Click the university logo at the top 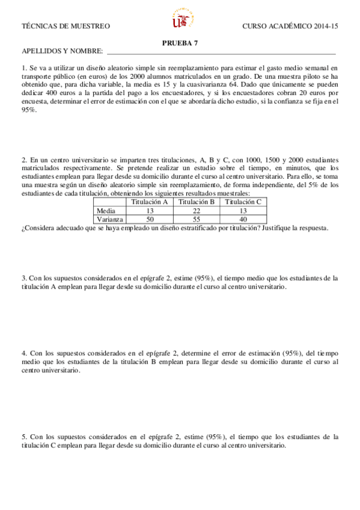coord(180,19)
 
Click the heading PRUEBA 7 coord(180,43)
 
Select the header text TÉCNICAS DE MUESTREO coord(66,26)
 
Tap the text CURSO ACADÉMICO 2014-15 coord(290,26)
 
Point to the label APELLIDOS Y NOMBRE coord(62,52)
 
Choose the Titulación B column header coord(197,202)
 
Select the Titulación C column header coord(243,202)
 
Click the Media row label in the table coord(106,211)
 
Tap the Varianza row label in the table coord(110,220)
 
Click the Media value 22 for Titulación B coord(197,211)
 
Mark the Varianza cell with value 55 coord(197,220)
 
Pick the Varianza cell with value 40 coord(243,220)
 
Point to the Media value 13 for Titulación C coord(243,211)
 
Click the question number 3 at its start coord(23,278)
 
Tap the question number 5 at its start coord(23,437)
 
